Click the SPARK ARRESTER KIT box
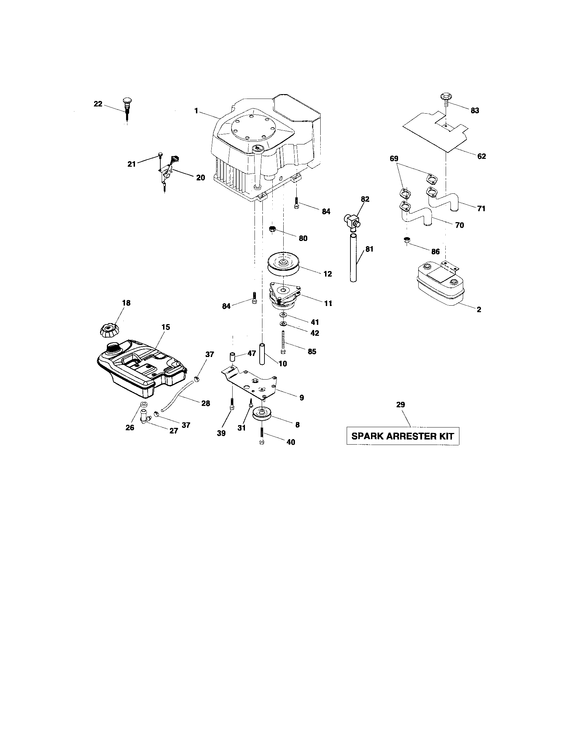pyautogui.click(x=403, y=436)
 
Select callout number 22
pyautogui.click(x=98, y=104)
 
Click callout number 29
pyautogui.click(x=400, y=405)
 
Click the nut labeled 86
pyautogui.click(x=407, y=240)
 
